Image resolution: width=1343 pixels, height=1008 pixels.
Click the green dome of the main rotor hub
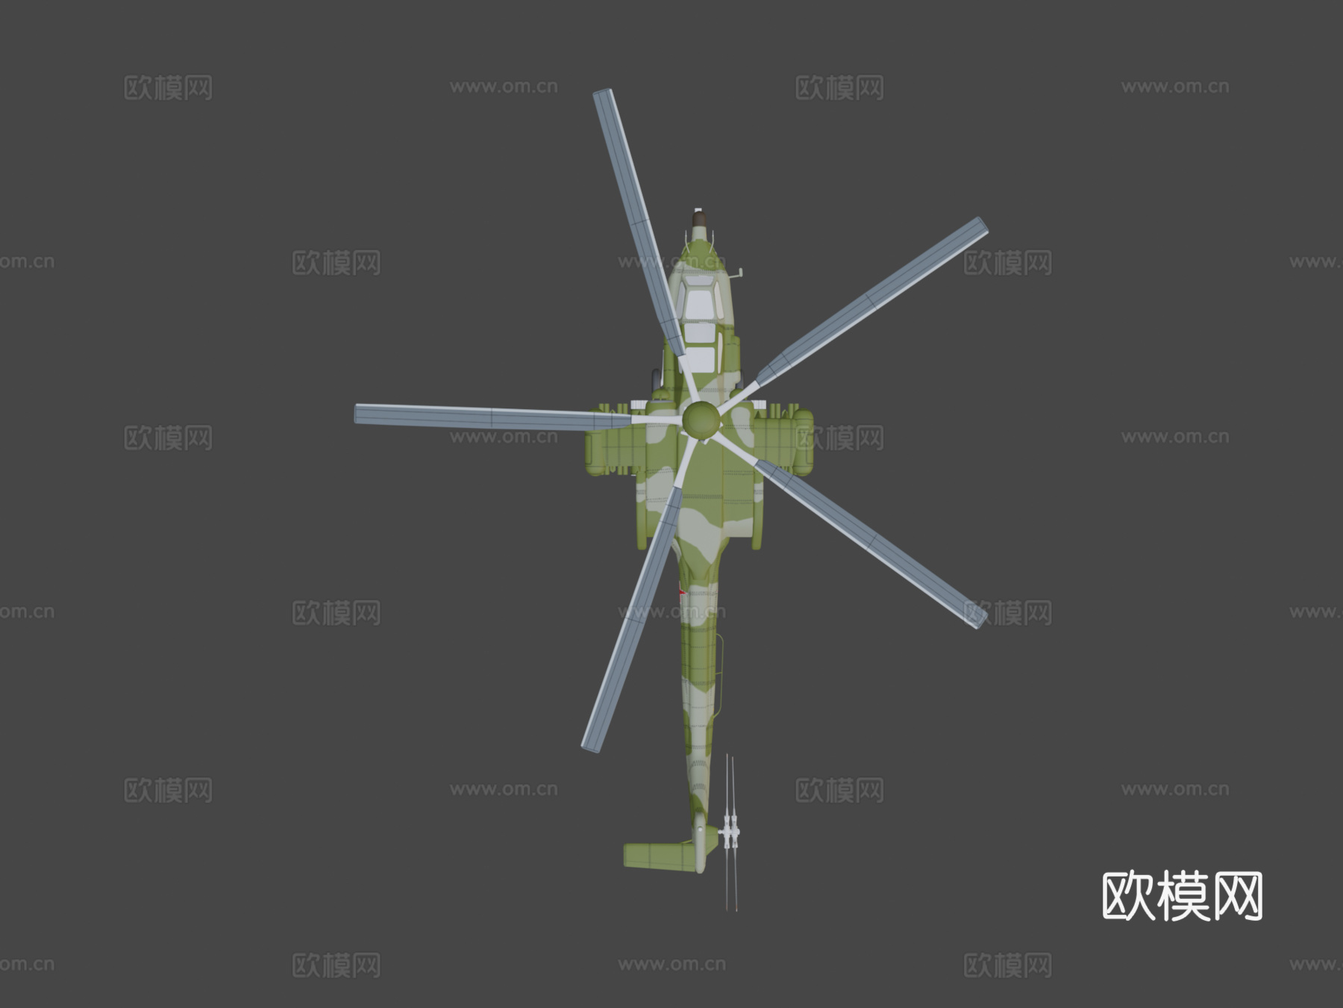tap(701, 420)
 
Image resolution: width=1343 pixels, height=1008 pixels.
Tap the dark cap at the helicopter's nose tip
tap(699, 220)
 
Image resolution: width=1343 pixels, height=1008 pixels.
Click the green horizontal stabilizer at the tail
tap(659, 856)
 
